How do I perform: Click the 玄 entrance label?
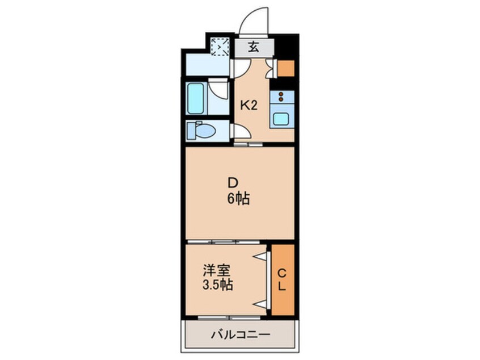click(253, 47)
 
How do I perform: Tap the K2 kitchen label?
click(249, 106)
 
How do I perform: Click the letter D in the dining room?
click(233, 183)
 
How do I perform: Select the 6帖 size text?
click(238, 199)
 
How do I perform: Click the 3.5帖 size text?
click(217, 285)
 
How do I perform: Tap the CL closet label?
click(282, 279)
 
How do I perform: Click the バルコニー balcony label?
click(241, 334)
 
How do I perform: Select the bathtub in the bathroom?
click(196, 98)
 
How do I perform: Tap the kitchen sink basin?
click(282, 119)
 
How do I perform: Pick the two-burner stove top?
click(281, 97)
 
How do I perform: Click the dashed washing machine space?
click(220, 47)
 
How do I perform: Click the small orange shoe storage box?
click(286, 68)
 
